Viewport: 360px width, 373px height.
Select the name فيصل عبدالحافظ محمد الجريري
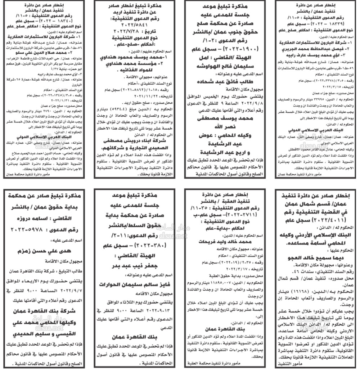pos(317,48)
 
